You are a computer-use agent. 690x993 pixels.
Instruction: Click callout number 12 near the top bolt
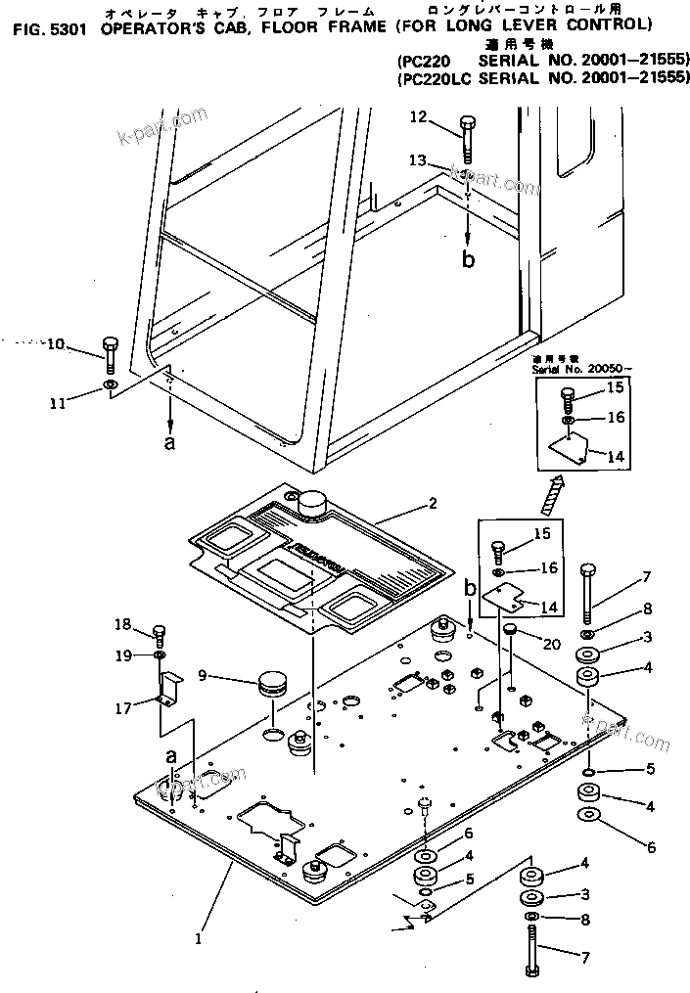pyautogui.click(x=418, y=117)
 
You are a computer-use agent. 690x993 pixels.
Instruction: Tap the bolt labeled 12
pyautogui.click(x=466, y=136)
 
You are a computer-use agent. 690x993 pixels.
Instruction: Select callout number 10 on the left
pyautogui.click(x=56, y=343)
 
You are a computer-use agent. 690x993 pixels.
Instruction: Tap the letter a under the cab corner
pyautogui.click(x=170, y=441)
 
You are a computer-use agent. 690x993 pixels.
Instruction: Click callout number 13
pyautogui.click(x=418, y=159)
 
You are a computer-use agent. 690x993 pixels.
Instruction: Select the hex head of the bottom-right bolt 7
pyautogui.click(x=534, y=970)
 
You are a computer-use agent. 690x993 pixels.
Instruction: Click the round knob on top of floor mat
pyautogui.click(x=312, y=507)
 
